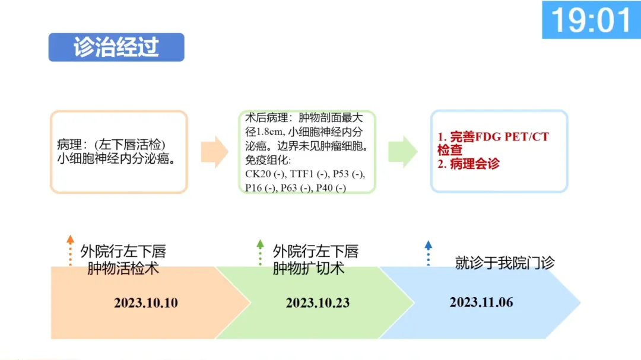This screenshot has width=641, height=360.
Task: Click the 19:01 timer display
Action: click(591, 20)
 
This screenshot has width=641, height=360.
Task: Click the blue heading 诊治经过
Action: click(116, 47)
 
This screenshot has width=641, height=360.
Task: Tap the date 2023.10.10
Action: click(146, 303)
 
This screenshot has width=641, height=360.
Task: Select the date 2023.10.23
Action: click(318, 303)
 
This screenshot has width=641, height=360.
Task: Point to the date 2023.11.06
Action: click(481, 302)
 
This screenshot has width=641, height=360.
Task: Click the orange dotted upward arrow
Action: click(70, 250)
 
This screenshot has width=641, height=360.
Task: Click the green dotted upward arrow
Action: click(260, 251)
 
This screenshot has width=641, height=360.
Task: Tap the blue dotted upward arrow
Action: click(429, 252)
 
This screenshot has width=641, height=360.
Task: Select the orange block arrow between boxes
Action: click(214, 151)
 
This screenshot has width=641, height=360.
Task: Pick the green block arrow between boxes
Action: click(403, 151)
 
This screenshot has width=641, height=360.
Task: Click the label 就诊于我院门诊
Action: click(504, 263)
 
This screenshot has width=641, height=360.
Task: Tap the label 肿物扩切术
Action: click(309, 268)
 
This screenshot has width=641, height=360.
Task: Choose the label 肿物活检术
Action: click(123, 268)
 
